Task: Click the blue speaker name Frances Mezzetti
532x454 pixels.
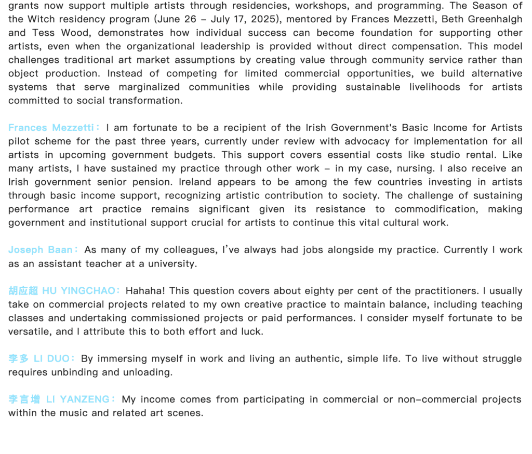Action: coord(50,127)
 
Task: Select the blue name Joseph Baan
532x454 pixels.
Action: coord(41,250)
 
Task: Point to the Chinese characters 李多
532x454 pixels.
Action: coord(18,358)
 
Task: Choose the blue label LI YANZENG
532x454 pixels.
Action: coord(78,399)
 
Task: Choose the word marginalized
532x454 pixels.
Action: coord(149,87)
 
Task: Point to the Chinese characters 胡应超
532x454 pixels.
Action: coord(23,290)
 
